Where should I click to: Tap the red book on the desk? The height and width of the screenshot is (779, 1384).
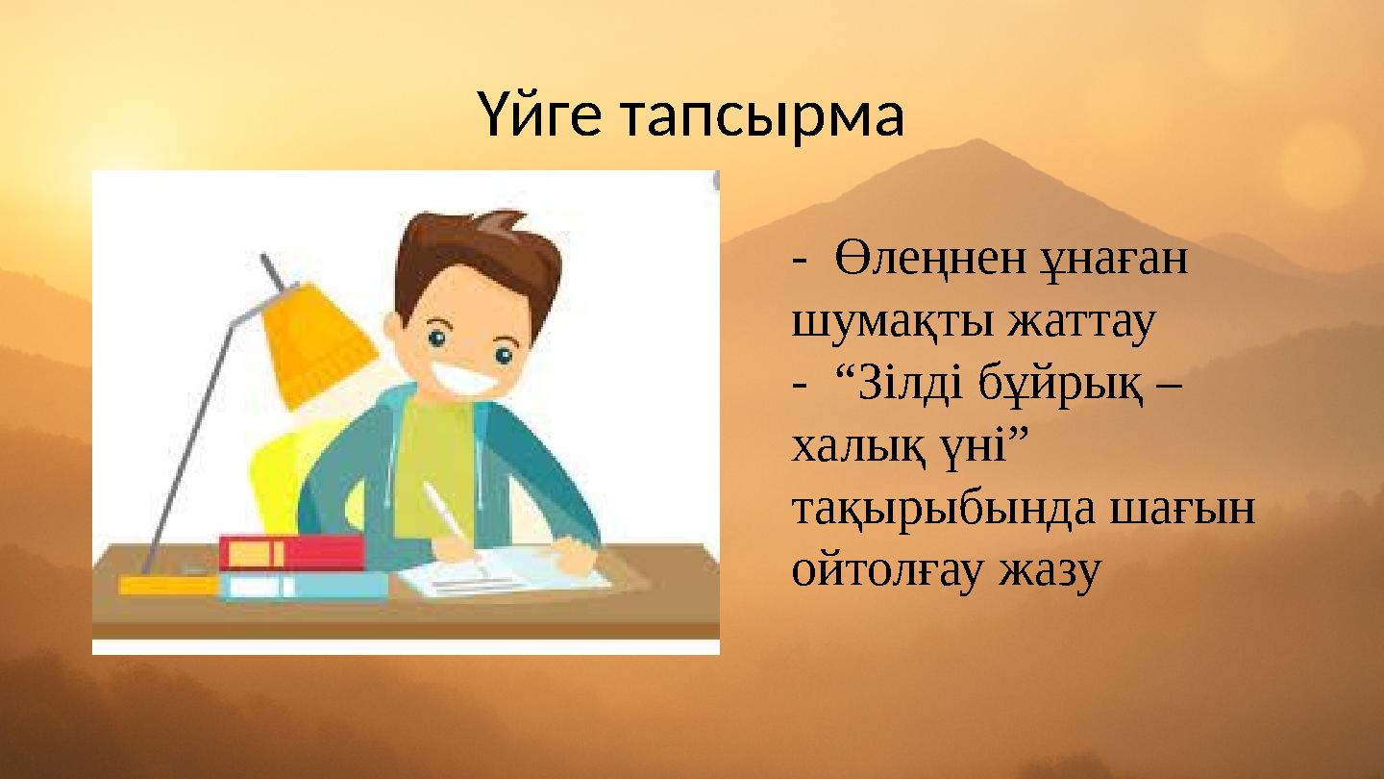pos(291,553)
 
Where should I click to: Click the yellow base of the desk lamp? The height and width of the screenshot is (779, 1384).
pos(168,585)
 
